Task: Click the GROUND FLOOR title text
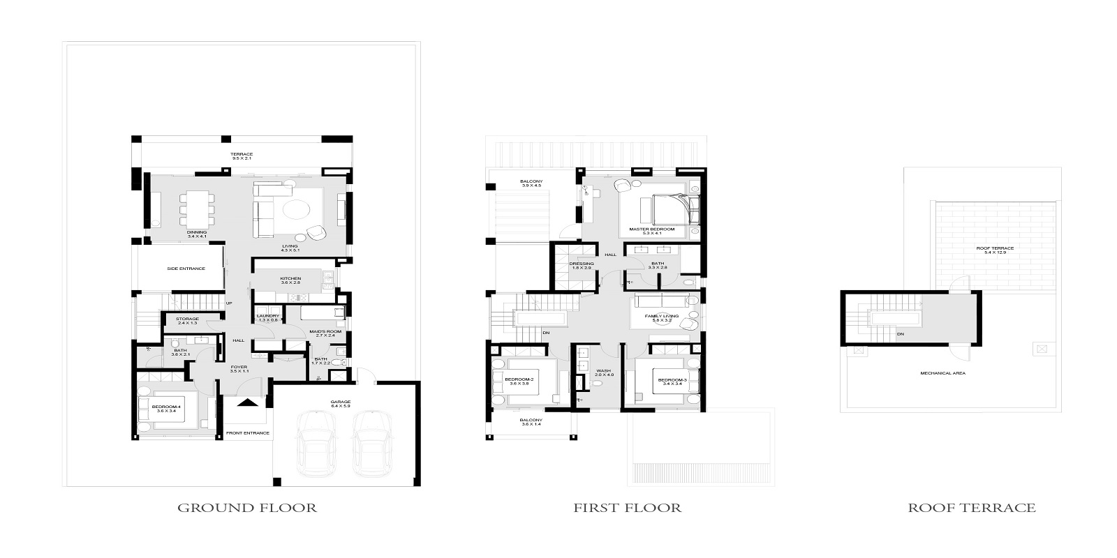(x=247, y=508)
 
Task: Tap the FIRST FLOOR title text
(x=627, y=508)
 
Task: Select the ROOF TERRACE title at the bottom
(x=971, y=508)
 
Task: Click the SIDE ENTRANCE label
(x=186, y=269)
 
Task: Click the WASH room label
(x=603, y=372)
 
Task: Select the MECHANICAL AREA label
(x=942, y=373)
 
